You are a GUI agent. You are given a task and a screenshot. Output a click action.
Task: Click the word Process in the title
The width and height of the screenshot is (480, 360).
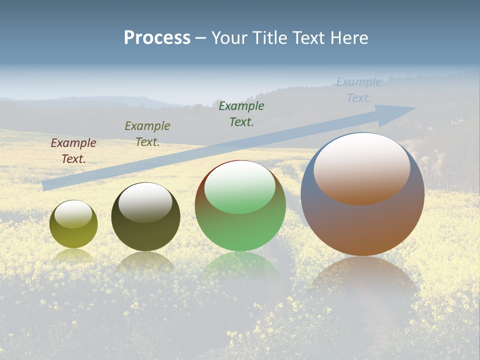[157, 38]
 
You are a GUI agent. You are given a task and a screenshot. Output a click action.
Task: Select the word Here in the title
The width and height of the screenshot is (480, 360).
[349, 38]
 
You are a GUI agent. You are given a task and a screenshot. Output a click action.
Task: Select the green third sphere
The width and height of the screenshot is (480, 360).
[240, 230]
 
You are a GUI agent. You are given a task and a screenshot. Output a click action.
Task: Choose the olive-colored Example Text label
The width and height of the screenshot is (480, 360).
[147, 134]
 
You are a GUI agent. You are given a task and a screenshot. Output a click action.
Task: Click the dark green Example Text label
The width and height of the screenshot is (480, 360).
[241, 113]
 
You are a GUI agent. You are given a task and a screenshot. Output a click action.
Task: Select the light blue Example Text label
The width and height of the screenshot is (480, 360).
[359, 89]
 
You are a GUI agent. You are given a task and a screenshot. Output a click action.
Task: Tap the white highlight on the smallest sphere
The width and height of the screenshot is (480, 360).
[73, 214]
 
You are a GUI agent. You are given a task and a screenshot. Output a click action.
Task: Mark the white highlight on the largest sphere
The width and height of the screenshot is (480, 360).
[362, 167]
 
